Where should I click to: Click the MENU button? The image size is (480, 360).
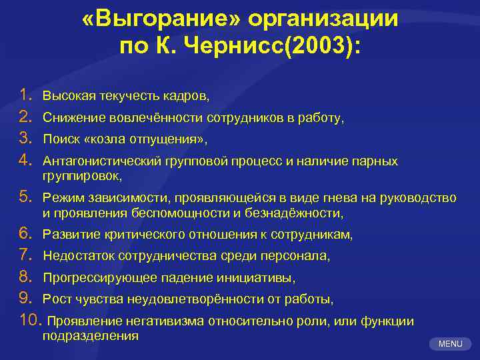point(450,343)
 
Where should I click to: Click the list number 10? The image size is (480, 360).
point(31,321)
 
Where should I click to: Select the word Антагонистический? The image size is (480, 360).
point(95,161)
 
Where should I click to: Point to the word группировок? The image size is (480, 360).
point(81,176)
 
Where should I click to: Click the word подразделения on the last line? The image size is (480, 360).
point(90,335)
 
